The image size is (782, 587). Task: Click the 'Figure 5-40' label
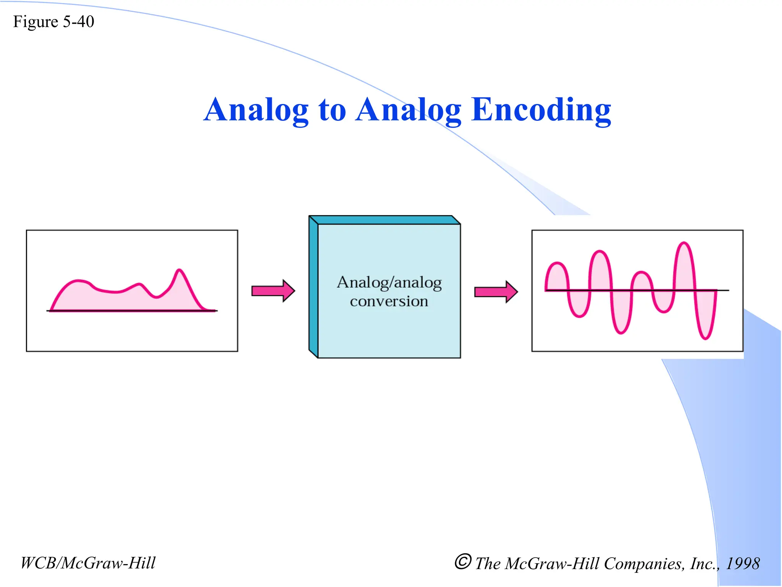pos(53,22)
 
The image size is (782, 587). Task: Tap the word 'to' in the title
pos(332,110)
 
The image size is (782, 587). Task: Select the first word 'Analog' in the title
pos(256,110)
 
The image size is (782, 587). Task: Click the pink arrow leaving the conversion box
pos(496,292)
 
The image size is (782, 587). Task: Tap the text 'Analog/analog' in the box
pos(389,283)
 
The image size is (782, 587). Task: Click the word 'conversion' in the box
pos(389,302)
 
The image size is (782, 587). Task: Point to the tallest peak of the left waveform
pos(179,271)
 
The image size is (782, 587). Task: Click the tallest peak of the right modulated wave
pos(684,243)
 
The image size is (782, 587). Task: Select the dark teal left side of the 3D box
pos(313,287)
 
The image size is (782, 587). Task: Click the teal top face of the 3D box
pos(384,220)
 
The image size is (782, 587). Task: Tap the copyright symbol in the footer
pos(463,562)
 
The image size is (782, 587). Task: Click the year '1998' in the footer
pos(742,564)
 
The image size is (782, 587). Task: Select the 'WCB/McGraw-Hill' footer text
pos(88,563)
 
